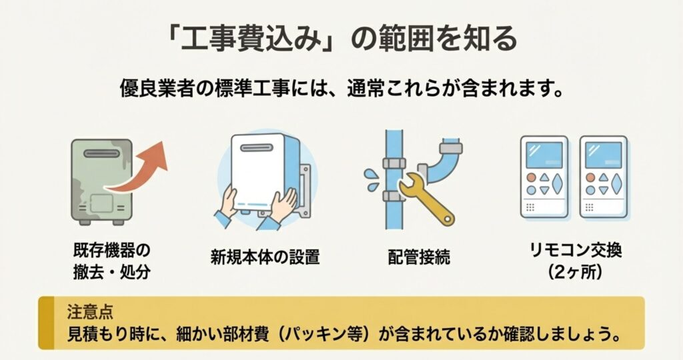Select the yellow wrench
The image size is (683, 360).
(425, 198)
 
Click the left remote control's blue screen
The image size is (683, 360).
(544, 155)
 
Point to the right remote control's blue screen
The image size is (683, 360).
(603, 155)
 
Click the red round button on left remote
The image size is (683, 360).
(531, 177)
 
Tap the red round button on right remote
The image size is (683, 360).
(590, 177)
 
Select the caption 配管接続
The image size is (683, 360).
(419, 257)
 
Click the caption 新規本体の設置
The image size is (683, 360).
(265, 257)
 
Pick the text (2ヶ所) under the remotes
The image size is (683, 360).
(575, 273)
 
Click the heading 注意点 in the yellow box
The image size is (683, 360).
(90, 312)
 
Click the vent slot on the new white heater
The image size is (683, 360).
(257, 147)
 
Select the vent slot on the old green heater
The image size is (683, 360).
(101, 153)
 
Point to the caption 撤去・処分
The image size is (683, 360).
(111, 273)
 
